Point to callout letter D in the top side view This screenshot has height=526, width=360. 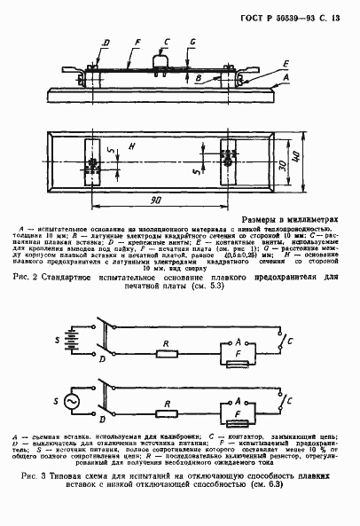(x=105, y=42)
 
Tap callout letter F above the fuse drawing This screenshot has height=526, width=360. (x=137, y=42)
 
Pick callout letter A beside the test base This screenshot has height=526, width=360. (x=285, y=78)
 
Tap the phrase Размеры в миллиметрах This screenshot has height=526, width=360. (x=292, y=217)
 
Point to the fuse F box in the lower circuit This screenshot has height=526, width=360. (x=239, y=423)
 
